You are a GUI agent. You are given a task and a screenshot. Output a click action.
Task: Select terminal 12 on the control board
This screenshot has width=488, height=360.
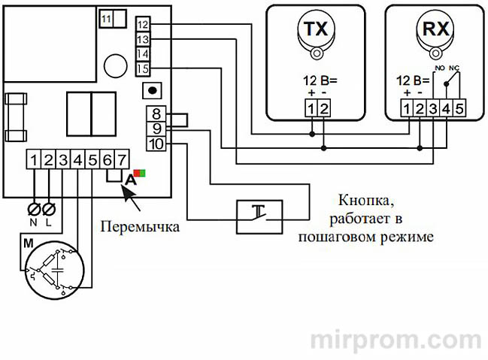143,25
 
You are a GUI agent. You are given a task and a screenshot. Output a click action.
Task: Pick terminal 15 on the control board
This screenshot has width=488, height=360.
143,69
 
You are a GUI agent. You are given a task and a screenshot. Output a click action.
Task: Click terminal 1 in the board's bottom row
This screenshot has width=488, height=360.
34,159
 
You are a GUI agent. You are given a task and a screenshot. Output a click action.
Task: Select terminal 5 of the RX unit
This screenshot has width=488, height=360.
460,109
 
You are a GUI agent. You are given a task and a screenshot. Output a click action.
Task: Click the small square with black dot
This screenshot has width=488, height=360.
153,91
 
